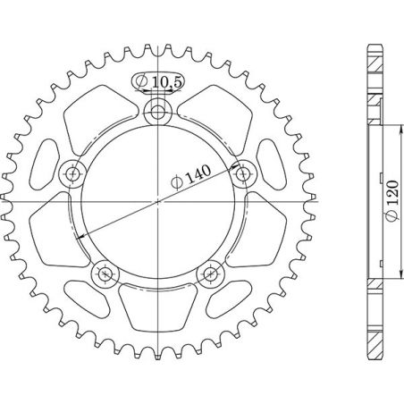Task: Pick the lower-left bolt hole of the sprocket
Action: click(105, 273)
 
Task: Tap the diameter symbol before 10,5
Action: click(144, 83)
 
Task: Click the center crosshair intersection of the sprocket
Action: click(158, 201)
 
